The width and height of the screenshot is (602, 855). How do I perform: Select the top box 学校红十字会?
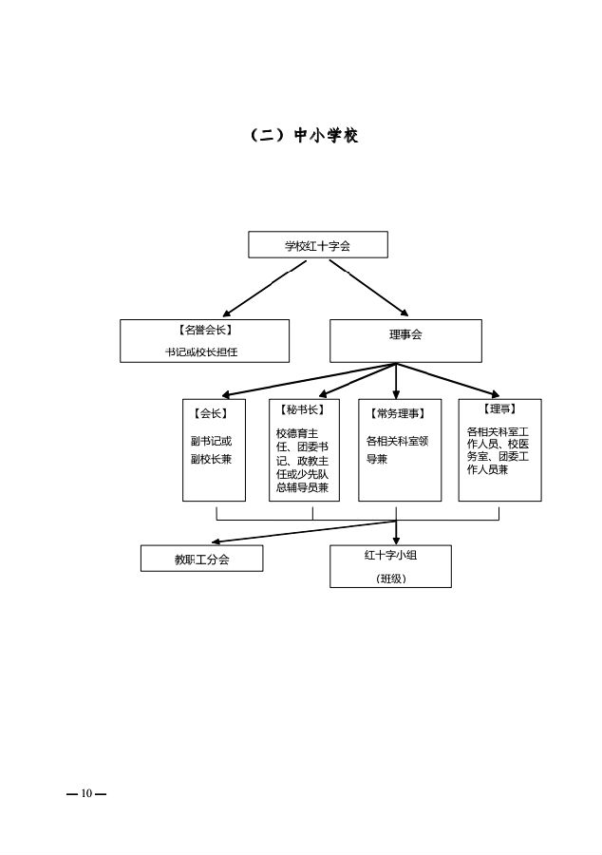coord(318,245)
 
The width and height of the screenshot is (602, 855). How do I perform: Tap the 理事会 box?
coord(405,335)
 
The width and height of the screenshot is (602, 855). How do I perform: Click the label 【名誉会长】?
coord(204,330)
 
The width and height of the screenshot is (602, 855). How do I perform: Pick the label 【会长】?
coord(210,413)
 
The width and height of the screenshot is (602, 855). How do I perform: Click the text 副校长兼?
coord(211,459)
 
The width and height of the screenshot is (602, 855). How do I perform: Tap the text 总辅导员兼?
coord(302,487)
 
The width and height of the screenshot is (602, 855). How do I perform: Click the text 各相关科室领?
coord(398,441)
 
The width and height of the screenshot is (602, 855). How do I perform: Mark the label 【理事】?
coord(499,409)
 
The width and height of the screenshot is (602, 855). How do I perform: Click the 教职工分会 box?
coord(202,560)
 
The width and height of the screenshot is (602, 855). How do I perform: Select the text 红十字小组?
coord(390,556)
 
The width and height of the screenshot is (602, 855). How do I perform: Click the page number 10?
coord(86,793)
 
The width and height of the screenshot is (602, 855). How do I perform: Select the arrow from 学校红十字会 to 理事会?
coord(369,288)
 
